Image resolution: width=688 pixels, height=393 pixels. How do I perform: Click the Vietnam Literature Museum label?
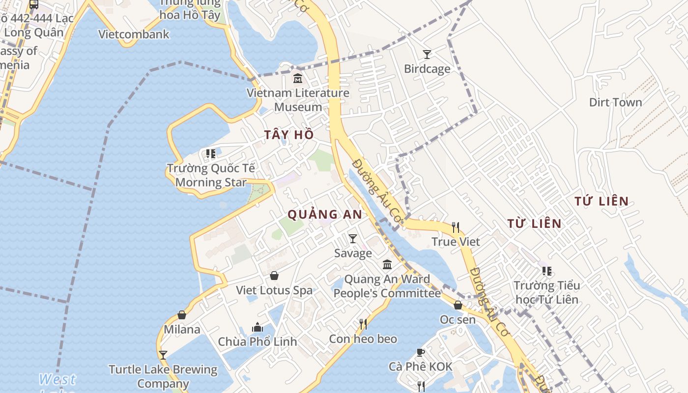298,100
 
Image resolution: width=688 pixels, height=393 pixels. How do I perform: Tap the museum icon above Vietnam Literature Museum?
297,79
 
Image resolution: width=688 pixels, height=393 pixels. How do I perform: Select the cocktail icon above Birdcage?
427,55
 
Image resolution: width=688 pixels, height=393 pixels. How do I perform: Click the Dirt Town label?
615,102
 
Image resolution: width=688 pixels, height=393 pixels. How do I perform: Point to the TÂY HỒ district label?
289,135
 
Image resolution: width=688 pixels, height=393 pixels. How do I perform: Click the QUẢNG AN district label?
325,214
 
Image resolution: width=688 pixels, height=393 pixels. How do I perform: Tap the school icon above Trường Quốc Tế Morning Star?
211,154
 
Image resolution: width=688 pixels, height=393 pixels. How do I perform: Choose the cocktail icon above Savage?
353,239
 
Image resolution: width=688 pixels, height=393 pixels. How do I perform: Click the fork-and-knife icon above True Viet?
456,227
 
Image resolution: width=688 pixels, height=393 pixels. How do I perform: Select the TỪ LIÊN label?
534,224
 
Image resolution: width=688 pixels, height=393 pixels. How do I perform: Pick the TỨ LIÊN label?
602,201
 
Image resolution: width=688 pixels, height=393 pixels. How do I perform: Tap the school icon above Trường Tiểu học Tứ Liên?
546,271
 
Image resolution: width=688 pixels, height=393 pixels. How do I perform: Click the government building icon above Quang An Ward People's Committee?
387,265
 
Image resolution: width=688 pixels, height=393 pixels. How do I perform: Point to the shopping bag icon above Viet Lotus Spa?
274,276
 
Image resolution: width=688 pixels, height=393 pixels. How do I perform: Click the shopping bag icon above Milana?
182,315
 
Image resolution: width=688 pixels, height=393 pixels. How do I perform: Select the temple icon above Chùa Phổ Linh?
258,327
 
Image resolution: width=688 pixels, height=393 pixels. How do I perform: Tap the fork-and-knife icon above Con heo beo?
363,324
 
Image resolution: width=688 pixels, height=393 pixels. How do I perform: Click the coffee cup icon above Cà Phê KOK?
421,352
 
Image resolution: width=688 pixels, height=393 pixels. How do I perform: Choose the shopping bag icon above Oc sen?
458,305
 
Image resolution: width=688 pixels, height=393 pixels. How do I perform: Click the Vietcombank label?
134,34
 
